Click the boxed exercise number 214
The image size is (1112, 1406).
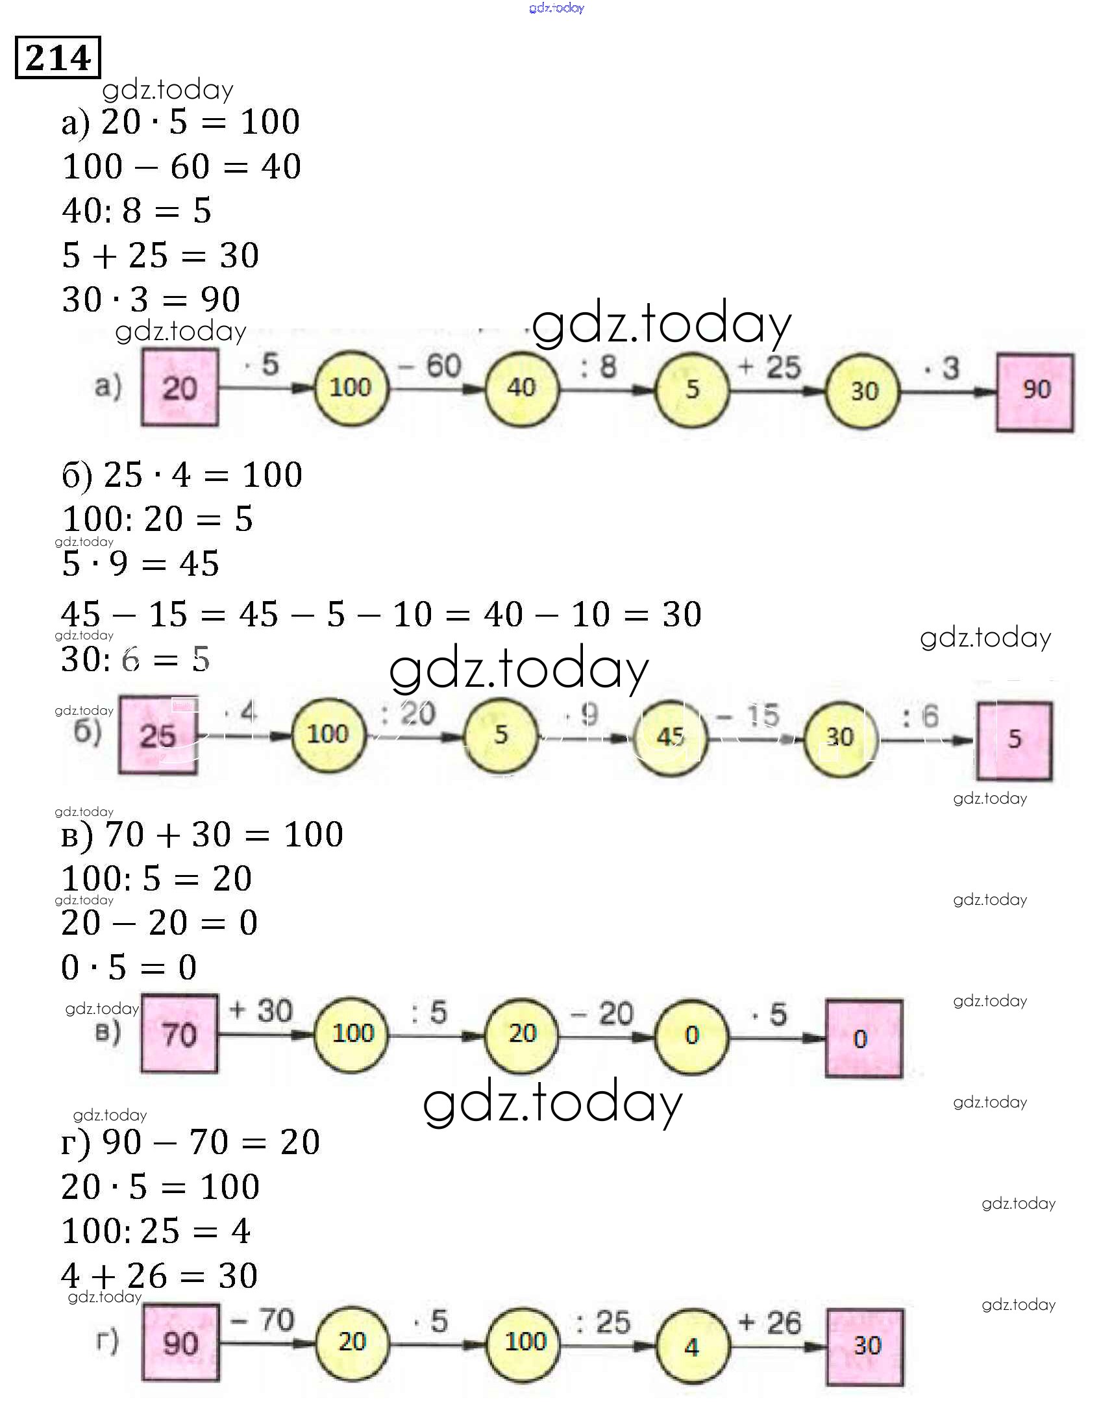[58, 58]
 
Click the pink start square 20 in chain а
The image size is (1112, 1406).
[180, 388]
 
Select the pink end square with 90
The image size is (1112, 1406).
[1035, 391]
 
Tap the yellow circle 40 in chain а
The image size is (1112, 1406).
[521, 389]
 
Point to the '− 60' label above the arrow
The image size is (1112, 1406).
[430, 366]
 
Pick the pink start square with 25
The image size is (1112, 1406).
[158, 735]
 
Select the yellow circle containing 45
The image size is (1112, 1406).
[670, 737]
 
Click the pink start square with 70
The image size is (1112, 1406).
[180, 1034]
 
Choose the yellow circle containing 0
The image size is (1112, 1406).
[692, 1035]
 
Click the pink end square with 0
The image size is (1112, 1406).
[863, 1038]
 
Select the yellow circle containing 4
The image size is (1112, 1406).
[692, 1346]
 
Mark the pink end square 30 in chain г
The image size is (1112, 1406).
[865, 1346]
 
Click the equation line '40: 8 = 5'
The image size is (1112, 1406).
[137, 211]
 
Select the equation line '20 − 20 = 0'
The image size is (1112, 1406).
[160, 923]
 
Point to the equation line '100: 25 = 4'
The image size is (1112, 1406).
[156, 1231]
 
